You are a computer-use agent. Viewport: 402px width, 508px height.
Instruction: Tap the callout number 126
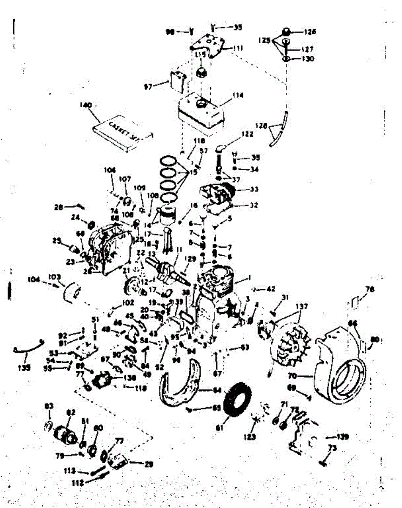pyautogui.click(x=310, y=31)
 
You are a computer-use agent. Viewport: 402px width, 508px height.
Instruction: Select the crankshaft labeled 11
pyautogui.click(x=169, y=271)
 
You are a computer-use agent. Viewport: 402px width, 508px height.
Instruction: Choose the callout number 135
pyautogui.click(x=25, y=367)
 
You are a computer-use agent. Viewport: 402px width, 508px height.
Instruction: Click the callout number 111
pyautogui.click(x=238, y=49)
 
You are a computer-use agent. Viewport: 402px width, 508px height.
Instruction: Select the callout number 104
pyautogui.click(x=34, y=279)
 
